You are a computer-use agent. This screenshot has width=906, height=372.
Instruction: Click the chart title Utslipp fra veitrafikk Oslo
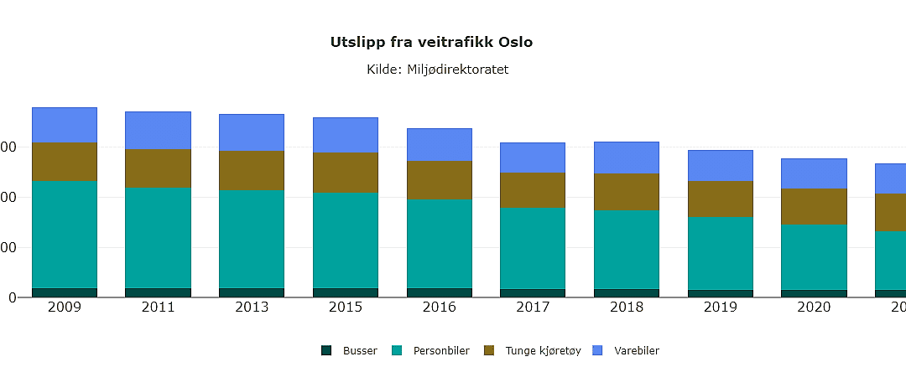(432, 42)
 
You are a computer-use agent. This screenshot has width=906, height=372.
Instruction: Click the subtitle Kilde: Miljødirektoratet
(437, 70)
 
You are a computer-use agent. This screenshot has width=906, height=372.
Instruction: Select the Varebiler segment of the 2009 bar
(65, 125)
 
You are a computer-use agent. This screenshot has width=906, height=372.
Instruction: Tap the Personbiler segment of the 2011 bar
(159, 237)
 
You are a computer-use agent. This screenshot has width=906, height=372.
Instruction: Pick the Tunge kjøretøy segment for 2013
(252, 171)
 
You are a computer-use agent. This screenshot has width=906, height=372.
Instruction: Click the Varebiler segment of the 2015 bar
(346, 135)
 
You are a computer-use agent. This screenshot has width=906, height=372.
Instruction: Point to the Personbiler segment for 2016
(440, 243)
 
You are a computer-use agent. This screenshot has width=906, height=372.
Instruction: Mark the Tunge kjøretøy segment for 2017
(534, 190)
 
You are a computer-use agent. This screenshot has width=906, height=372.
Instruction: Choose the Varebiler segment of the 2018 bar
(627, 158)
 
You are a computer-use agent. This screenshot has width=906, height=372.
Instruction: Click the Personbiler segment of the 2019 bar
(721, 253)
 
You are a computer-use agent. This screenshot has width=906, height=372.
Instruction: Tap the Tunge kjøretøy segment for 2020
(814, 206)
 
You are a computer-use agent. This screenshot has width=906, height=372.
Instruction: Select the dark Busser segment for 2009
(65, 292)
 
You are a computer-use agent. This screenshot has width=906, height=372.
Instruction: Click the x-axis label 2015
(346, 307)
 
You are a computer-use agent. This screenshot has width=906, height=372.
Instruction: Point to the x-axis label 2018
(627, 307)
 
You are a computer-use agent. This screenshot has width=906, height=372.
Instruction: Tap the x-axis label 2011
(159, 307)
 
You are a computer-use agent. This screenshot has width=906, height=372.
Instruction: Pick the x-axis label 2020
(814, 307)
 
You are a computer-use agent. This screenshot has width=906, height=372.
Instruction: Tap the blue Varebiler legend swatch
(598, 350)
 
